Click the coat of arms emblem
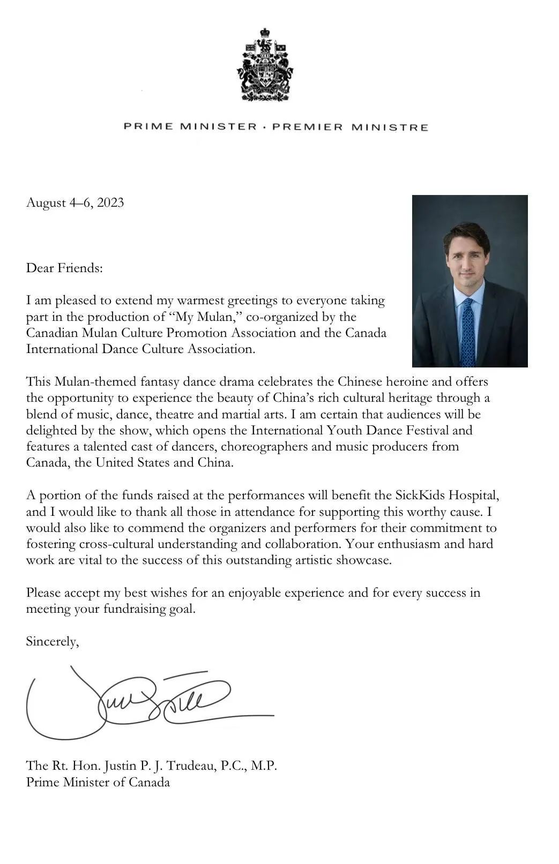pos(265,65)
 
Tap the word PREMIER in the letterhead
pos(307,127)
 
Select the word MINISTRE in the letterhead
pos(390,127)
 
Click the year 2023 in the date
pos(110,202)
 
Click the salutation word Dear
pos(40,268)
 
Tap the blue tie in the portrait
pos(468,332)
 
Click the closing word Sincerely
pos(52,641)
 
